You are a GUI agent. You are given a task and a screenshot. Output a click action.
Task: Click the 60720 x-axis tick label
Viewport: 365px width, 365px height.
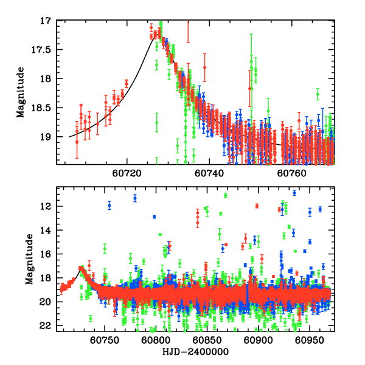tap(126, 173)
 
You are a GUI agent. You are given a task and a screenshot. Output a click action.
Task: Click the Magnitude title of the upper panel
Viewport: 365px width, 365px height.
tap(21, 92)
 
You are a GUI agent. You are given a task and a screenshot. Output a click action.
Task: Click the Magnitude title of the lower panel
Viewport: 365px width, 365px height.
tap(29, 260)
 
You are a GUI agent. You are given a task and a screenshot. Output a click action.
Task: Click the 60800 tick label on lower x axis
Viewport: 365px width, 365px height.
tap(156, 340)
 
